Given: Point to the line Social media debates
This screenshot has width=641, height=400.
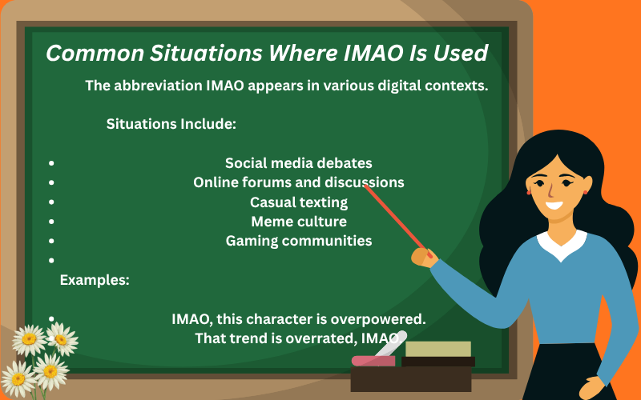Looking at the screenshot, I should coord(298,163).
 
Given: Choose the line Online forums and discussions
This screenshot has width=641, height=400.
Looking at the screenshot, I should coord(298,182).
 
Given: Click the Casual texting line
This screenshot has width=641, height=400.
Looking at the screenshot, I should coord(298,202).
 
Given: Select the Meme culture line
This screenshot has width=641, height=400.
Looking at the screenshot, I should coord(298,221).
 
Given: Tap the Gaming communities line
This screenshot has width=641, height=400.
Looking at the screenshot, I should coord(298,240).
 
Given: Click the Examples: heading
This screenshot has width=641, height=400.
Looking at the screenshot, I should coord(95,280).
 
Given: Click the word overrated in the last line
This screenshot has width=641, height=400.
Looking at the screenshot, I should coord(317,338).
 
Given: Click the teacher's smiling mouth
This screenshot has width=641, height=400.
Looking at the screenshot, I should coord(554,204).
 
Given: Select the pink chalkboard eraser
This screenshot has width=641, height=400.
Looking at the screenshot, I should coord(373,361).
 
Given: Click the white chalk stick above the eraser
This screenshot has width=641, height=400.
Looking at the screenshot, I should coord(393,342).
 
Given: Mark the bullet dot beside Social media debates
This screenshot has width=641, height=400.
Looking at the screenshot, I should coord(52,163).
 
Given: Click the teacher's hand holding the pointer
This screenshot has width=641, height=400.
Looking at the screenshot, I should coord(422,256).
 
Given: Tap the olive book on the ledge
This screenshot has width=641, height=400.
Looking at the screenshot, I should coord(437,349).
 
